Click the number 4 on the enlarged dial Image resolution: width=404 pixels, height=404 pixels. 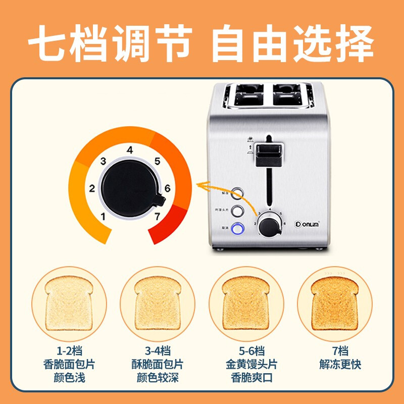pyautogui.click(x=130, y=150)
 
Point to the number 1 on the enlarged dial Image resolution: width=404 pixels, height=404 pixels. pyautogui.click(x=103, y=217)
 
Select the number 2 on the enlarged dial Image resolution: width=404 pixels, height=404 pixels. pyautogui.click(x=92, y=189)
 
